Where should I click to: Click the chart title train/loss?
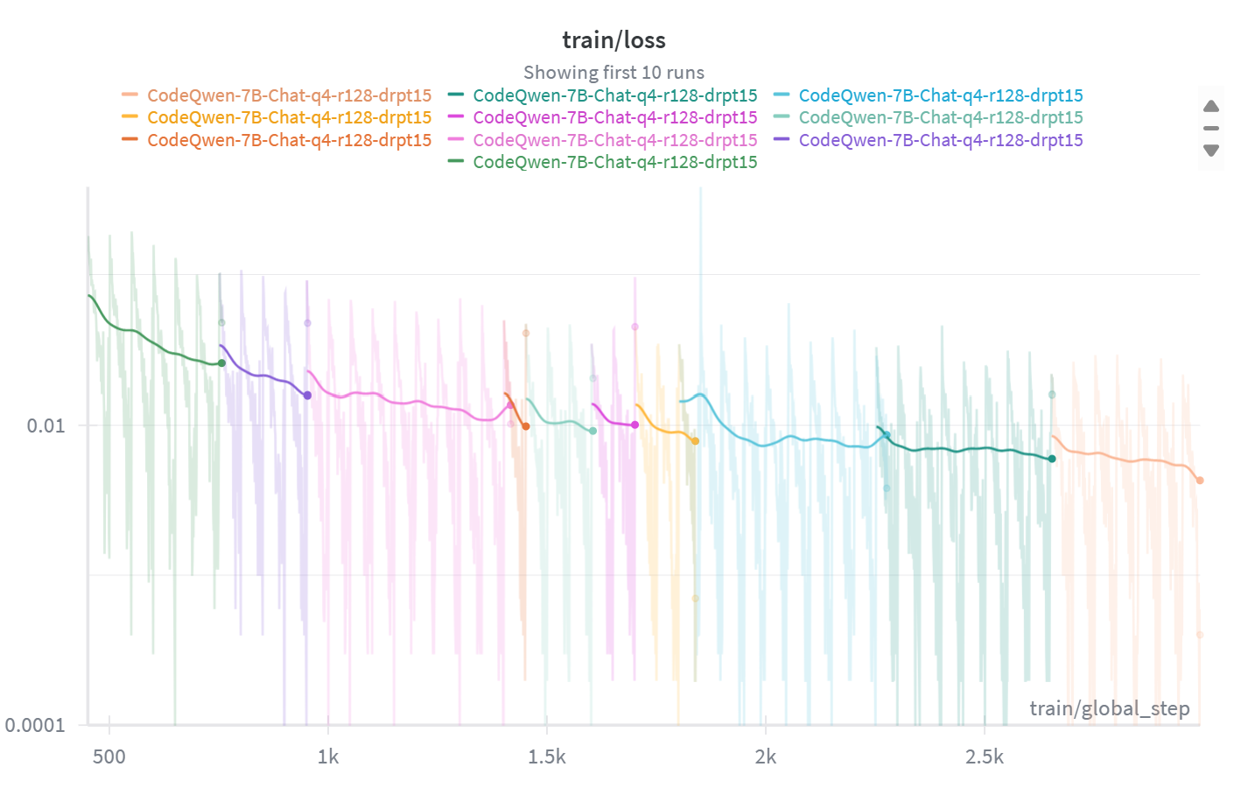pos(613,40)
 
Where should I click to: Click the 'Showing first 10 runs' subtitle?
pos(613,73)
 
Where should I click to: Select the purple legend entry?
pos(940,140)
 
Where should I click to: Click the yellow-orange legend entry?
pos(289,117)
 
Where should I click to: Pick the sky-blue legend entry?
pos(940,95)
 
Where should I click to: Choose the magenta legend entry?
pos(614,117)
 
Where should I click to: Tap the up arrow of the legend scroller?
pos(1211,106)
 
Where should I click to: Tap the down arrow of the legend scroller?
pos(1211,151)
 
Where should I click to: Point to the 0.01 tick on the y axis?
pos(46,426)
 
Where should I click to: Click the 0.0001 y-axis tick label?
pos(35,725)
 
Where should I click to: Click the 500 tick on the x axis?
pos(109,756)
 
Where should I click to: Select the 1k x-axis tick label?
pos(328,756)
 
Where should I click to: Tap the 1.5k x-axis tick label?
pos(547,756)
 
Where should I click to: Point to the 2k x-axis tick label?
pos(766,756)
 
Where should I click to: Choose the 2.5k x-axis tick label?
pos(985,756)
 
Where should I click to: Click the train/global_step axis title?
pos(1109,708)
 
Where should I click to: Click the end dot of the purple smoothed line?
pos(307,396)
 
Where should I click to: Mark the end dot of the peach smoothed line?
pos(1200,481)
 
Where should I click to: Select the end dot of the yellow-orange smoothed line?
pos(695,441)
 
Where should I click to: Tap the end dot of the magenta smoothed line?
pos(635,426)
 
